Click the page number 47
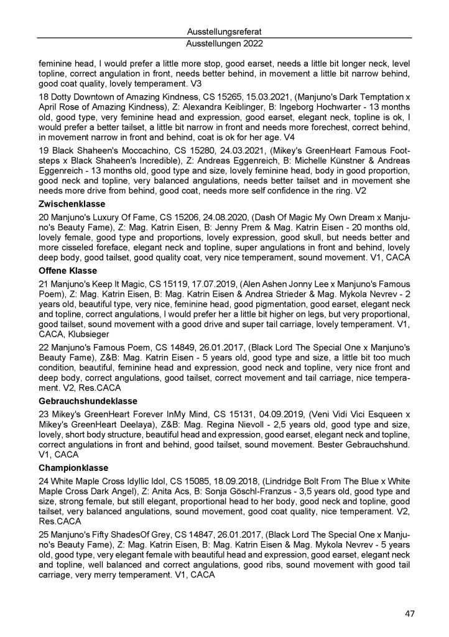(409, 614)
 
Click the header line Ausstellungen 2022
(224, 44)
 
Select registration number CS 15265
(236, 98)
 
